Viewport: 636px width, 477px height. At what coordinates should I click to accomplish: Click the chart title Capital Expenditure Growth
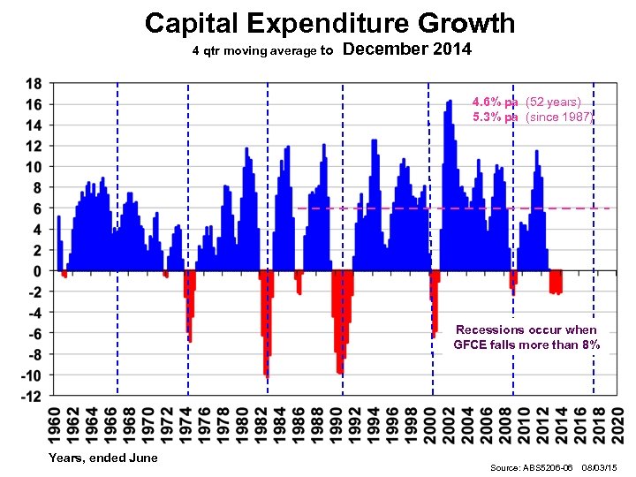pos(329,23)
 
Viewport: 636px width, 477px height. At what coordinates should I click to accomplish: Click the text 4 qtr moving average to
pos(262,51)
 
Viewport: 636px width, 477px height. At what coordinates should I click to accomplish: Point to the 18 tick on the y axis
pos(33,84)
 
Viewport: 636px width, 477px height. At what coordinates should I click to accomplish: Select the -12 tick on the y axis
pos(31,397)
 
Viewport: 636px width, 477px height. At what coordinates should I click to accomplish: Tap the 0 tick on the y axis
pos(36,271)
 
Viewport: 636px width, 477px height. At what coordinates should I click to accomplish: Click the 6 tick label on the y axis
pos(36,208)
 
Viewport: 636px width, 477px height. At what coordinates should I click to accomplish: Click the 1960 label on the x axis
pos(54,422)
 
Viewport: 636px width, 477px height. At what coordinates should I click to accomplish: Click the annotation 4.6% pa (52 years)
pos(526,102)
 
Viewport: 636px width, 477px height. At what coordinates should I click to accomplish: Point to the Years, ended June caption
pos(103,458)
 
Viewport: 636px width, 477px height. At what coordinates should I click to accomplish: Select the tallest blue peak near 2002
pos(450,102)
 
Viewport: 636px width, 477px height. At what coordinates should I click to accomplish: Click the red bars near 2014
pos(556,282)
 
